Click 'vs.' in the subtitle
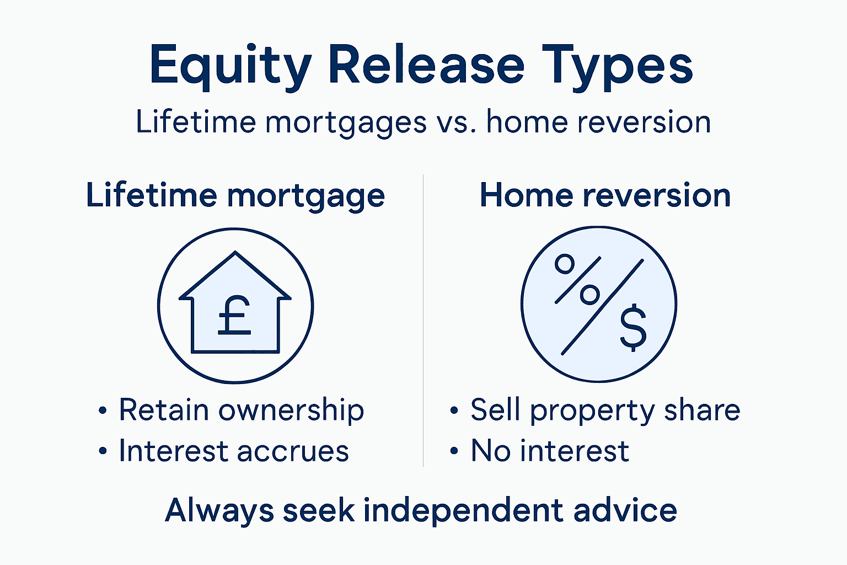coord(457,122)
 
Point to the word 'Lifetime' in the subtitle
coord(196,122)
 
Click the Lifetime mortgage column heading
coord(235,196)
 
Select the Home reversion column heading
coord(605,196)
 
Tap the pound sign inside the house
coord(234,315)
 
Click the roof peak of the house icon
coord(235,253)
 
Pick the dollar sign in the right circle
coord(633,328)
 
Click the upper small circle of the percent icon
coord(564,264)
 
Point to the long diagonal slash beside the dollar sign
coord(602,307)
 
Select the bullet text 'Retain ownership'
coord(241,410)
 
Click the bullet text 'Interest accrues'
coord(234,451)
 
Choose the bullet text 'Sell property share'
coord(605,410)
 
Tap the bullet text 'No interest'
coord(549,451)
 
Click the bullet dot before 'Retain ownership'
coord(103,411)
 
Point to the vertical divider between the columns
coord(423,320)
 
